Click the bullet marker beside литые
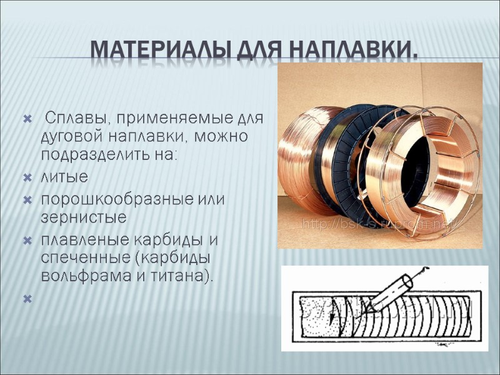(x=26, y=178)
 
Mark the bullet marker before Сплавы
(x=26, y=118)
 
